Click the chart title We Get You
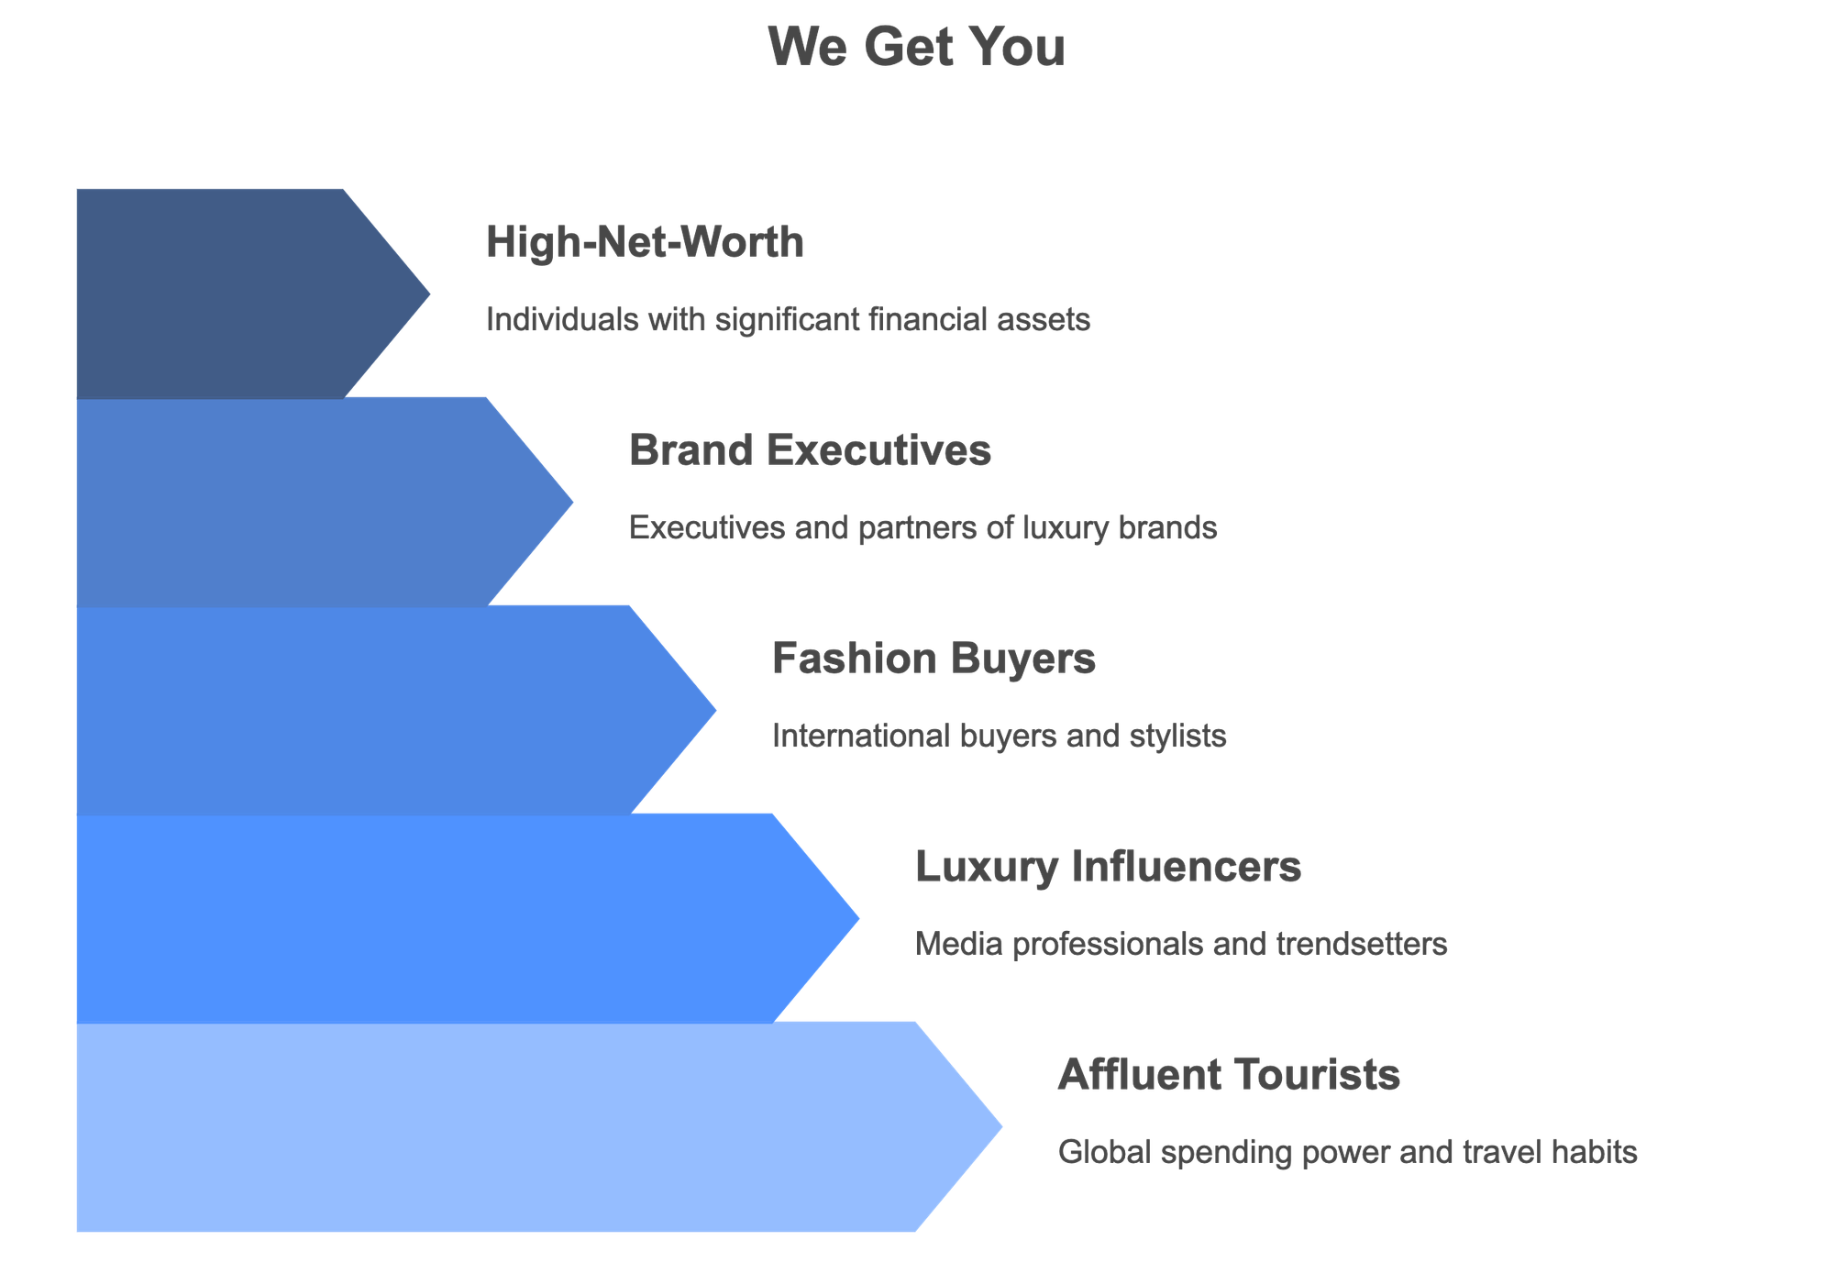tap(917, 48)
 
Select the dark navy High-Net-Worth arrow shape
tap(229, 294)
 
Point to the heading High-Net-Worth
tap(645, 243)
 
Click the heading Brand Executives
tap(810, 451)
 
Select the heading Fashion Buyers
tap(934, 659)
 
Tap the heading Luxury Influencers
tap(1108, 867)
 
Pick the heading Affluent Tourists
tap(1229, 1075)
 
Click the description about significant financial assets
tap(788, 320)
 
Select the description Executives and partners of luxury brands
tap(923, 528)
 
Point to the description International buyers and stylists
tap(999, 737)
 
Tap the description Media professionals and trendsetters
tap(1181, 944)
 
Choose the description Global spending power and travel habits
tap(1347, 1152)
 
